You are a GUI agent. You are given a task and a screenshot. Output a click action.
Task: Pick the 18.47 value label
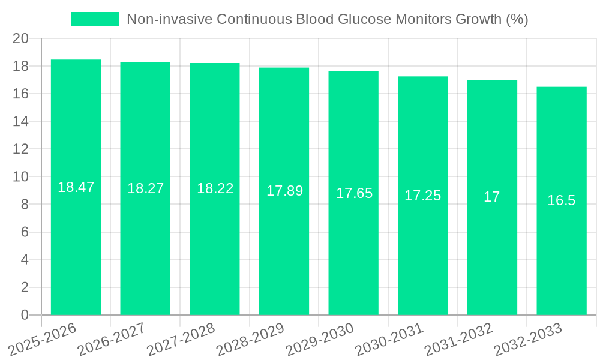[76, 187]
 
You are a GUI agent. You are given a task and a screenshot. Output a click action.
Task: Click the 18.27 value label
[145, 188]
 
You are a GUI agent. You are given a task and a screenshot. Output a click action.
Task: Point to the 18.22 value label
[215, 188]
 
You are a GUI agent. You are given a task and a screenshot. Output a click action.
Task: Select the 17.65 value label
[354, 193]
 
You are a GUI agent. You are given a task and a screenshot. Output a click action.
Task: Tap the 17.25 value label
[422, 196]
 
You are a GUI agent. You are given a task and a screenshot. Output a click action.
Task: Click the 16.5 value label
[562, 200]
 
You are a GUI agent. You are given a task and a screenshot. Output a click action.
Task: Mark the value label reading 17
[491, 197]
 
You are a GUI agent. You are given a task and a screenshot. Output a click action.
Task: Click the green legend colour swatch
[95, 19]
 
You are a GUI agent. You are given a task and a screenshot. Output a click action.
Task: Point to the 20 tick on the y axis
[20, 38]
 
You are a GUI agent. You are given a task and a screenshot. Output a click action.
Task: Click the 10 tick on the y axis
[20, 177]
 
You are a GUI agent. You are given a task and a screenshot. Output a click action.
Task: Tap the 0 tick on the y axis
[25, 315]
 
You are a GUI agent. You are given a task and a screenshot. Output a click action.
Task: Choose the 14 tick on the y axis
[20, 121]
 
